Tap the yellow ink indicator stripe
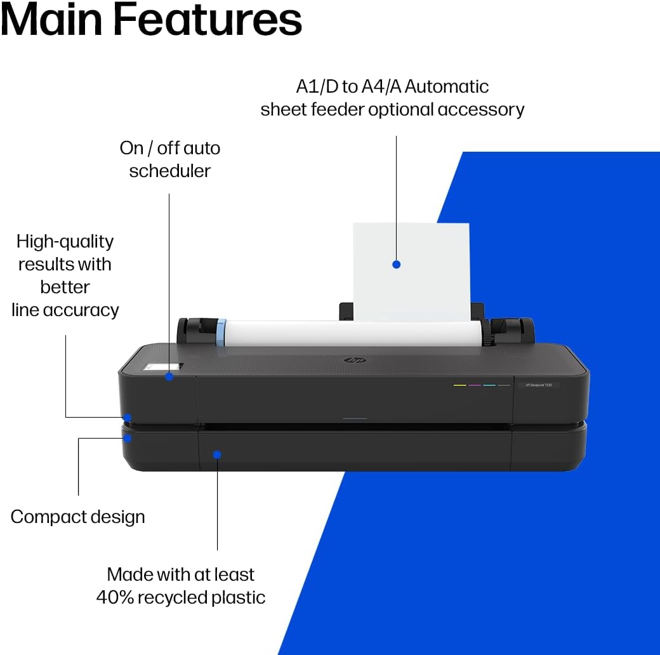tap(460, 385)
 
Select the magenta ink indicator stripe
tap(475, 385)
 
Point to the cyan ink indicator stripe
tap(489, 385)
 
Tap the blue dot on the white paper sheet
tap(397, 264)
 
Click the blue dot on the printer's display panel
tap(169, 376)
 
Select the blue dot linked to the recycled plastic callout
tap(217, 454)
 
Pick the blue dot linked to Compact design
tap(128, 438)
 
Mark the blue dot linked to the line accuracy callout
tap(128, 418)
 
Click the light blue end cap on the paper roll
tap(221, 333)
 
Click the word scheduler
tap(169, 171)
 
